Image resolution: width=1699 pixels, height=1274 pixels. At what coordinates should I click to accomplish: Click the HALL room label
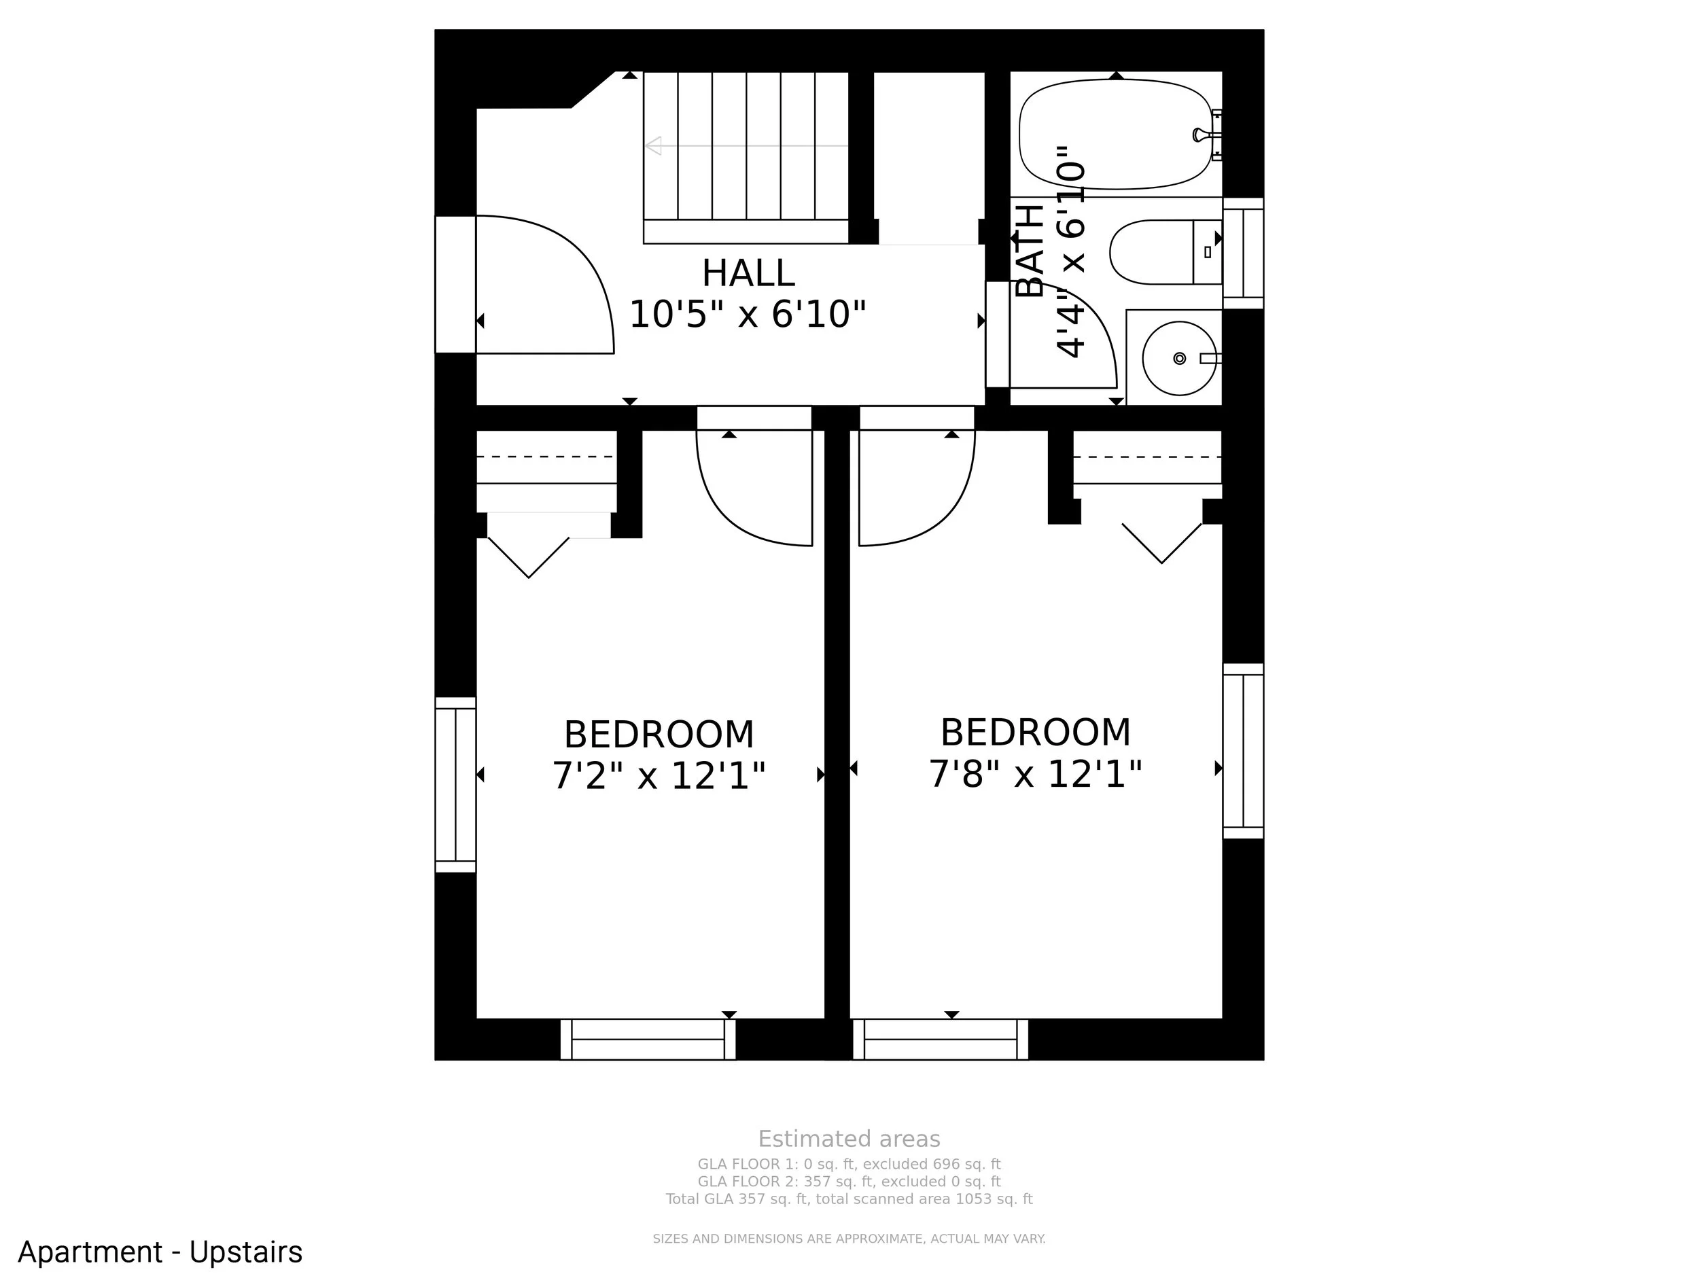pos(748,273)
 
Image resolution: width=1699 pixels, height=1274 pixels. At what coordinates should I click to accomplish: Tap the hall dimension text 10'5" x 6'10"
pos(748,314)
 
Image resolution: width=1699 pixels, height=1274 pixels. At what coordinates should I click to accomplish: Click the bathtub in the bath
pos(1115,135)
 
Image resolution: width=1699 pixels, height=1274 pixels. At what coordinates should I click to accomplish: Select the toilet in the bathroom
pos(1166,252)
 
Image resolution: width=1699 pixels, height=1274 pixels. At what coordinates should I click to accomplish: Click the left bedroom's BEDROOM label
pos(659,735)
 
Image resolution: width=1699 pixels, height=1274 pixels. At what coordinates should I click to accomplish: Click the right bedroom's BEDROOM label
pos(1036,732)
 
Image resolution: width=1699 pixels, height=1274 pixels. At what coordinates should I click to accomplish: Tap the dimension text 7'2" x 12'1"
pos(659,776)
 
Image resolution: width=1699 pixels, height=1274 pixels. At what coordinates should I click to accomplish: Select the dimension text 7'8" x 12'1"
pos(1036,773)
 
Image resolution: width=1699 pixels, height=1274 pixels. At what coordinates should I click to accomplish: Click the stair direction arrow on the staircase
pos(746,145)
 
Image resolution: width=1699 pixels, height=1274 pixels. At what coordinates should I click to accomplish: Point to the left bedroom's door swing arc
pos(722,515)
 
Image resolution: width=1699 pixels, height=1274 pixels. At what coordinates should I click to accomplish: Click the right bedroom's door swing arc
pos(949,515)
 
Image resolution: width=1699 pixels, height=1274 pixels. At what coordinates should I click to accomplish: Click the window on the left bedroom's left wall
pos(455,785)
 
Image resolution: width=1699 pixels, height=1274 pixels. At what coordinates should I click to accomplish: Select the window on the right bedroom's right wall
pos(1243,751)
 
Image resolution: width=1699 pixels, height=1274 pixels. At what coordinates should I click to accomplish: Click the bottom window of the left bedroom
pos(648,1039)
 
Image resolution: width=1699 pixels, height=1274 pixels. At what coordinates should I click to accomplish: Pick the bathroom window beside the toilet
pos(1243,253)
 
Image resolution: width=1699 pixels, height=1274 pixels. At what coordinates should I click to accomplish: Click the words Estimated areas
pos(849,1139)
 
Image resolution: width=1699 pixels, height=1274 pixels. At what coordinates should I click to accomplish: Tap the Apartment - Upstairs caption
pos(160,1252)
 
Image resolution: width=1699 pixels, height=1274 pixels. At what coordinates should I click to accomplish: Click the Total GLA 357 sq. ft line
pos(849,1199)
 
